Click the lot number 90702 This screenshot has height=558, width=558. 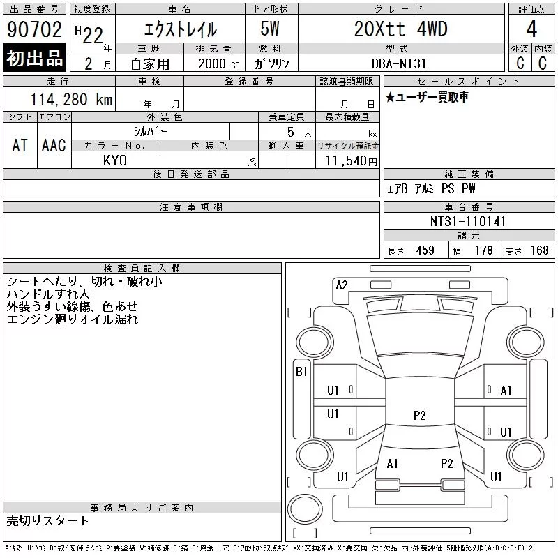[34, 29]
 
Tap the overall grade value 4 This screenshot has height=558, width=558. [531, 29]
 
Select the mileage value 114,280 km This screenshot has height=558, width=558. [71, 100]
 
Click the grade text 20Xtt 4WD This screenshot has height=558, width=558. [400, 29]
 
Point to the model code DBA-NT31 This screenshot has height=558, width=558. [399, 63]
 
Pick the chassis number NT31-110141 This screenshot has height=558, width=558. [468, 221]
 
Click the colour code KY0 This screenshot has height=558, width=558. [115, 160]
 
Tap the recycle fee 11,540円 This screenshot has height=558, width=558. [352, 161]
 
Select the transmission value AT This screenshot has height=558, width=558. [20, 145]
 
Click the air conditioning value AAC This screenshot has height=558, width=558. [54, 145]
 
